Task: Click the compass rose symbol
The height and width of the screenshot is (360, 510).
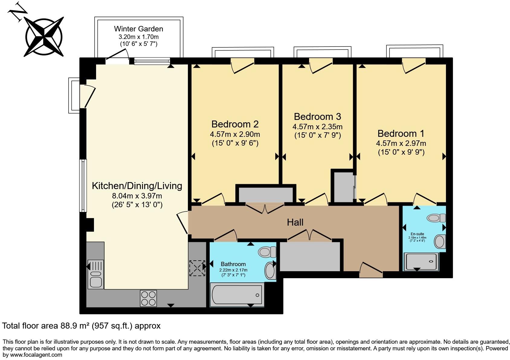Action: coord(44,37)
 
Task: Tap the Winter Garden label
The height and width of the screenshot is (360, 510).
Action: coord(138,29)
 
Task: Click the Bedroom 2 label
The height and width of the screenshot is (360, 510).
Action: coord(235,124)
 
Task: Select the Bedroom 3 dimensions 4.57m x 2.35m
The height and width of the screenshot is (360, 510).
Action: coord(317,127)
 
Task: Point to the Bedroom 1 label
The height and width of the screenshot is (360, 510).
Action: coord(401,133)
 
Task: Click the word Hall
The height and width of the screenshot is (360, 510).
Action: coord(295,223)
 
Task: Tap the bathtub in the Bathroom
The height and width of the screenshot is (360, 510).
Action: coord(237,294)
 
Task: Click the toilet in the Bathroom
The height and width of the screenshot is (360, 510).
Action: coord(267,252)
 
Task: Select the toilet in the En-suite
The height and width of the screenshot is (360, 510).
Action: coord(437,218)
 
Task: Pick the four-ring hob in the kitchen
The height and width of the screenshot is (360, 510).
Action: coord(148,298)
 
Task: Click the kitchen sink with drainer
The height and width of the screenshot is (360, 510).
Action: coord(95,274)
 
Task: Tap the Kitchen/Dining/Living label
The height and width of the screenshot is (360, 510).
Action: coord(137,186)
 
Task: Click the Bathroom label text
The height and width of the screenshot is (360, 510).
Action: coord(233,264)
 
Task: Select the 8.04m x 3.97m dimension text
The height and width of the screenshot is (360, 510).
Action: coord(137,196)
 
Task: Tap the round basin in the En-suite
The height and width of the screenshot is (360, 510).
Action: coord(439,242)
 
